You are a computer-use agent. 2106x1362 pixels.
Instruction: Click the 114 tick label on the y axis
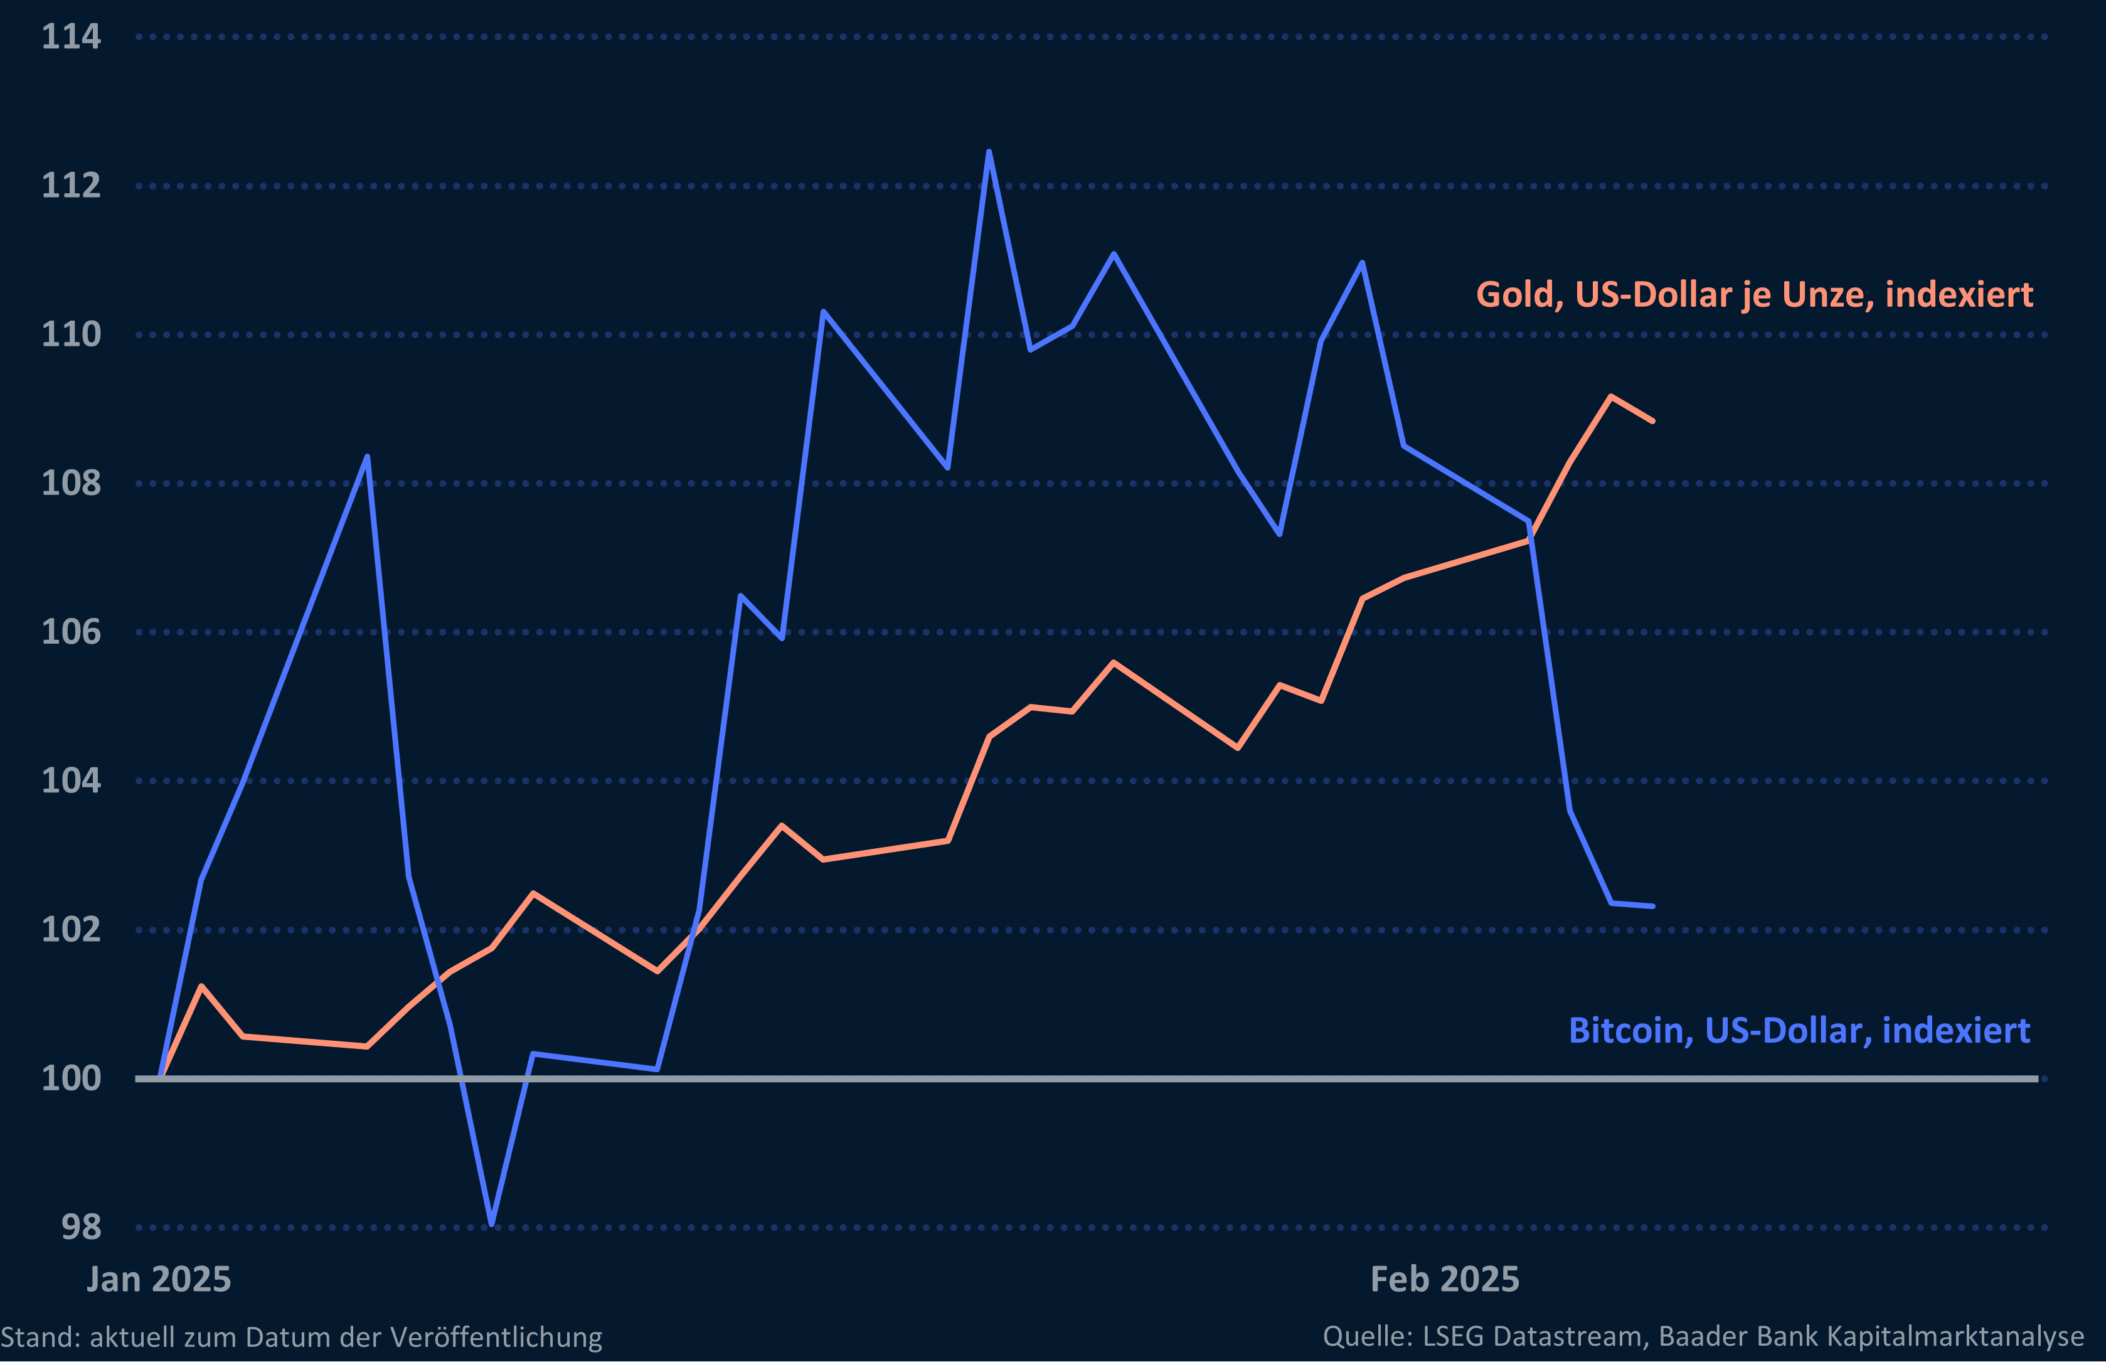pyautogui.click(x=71, y=37)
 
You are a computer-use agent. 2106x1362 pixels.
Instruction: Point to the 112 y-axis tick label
pyautogui.click(x=71, y=186)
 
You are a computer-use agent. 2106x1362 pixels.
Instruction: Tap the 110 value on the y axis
pyautogui.click(x=71, y=334)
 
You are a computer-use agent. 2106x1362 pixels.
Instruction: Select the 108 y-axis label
pyautogui.click(x=71, y=483)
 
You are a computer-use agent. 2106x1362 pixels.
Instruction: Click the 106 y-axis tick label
pyautogui.click(x=71, y=632)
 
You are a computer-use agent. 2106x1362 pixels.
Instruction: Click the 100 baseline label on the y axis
pyautogui.click(x=71, y=1078)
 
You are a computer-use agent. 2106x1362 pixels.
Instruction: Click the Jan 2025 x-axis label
pyautogui.click(x=159, y=1279)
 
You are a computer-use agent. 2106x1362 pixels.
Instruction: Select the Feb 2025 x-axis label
pyautogui.click(x=1445, y=1279)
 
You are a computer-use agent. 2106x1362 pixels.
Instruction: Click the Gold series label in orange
pyautogui.click(x=1754, y=294)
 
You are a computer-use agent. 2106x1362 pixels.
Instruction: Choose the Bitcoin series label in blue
pyautogui.click(x=1799, y=1030)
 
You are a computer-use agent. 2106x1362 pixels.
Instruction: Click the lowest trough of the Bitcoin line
pyautogui.click(x=492, y=1224)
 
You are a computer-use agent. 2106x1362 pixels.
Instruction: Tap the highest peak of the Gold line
pyautogui.click(x=1611, y=397)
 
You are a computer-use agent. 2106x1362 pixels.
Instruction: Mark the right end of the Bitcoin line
pyautogui.click(x=1652, y=907)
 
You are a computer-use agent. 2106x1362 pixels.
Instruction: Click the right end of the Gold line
pyautogui.click(x=1652, y=421)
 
